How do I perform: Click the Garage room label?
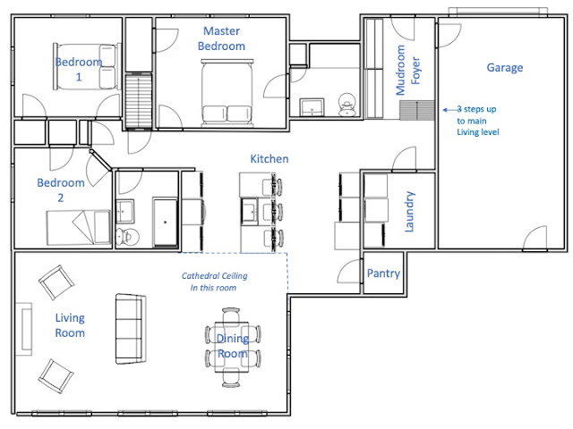[x=505, y=68]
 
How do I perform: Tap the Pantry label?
[x=383, y=273]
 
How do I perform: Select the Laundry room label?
[x=409, y=212]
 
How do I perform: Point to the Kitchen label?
[x=269, y=159]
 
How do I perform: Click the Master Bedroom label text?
[x=221, y=38]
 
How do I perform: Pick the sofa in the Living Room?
[x=131, y=329]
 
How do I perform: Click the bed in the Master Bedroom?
[x=227, y=93]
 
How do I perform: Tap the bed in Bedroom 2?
[x=79, y=228]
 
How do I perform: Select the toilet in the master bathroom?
[x=346, y=105]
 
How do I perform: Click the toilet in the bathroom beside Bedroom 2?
[x=127, y=237]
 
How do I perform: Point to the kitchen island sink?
[x=249, y=211]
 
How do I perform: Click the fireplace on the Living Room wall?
[x=24, y=329]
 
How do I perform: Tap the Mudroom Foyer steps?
[x=416, y=110]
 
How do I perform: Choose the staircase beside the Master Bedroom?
[x=139, y=101]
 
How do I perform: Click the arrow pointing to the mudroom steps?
[x=451, y=109]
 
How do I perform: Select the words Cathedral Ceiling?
[x=215, y=276]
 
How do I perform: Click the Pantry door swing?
[x=349, y=271]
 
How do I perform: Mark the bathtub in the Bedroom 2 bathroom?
[x=165, y=223]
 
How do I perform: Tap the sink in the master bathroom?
[x=312, y=107]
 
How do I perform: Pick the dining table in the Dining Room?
[x=232, y=347]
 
